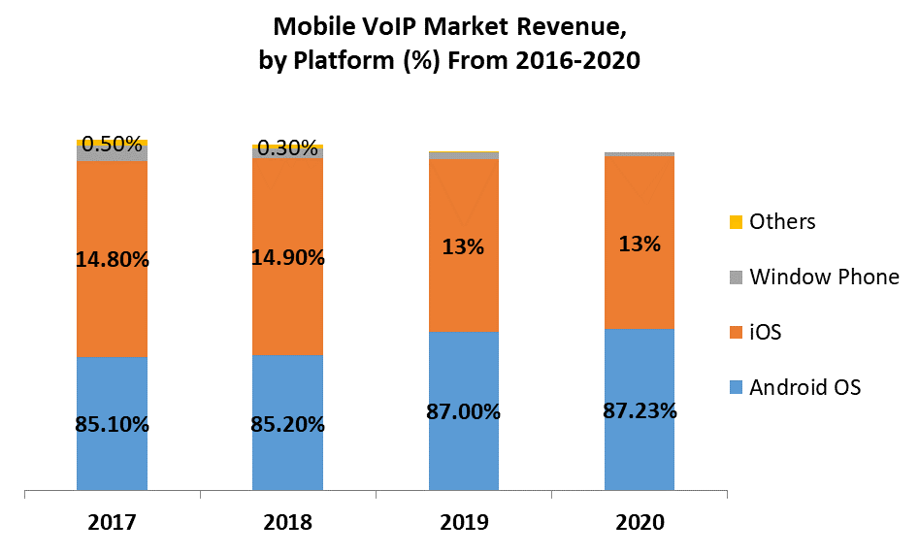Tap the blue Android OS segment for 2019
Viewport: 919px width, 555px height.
click(x=463, y=456)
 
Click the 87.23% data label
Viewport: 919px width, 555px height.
click(x=639, y=410)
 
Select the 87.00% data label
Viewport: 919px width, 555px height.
click(x=463, y=411)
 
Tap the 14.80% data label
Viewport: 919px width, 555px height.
click(x=112, y=259)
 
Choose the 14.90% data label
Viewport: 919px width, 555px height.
click(x=287, y=258)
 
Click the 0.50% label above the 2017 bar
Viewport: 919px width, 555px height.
click(x=114, y=145)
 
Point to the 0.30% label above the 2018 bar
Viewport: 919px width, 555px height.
click(x=287, y=148)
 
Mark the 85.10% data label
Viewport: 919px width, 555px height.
click(x=112, y=424)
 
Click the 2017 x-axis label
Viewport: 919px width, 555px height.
click(x=112, y=522)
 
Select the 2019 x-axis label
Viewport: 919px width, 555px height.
click(x=463, y=522)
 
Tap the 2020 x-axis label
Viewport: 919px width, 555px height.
click(x=639, y=522)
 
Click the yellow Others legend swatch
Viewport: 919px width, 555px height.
click(x=736, y=222)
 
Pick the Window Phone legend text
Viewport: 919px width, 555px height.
click(x=824, y=277)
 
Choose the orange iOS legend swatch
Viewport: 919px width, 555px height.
click(x=736, y=333)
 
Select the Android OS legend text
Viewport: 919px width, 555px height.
click(x=804, y=388)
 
